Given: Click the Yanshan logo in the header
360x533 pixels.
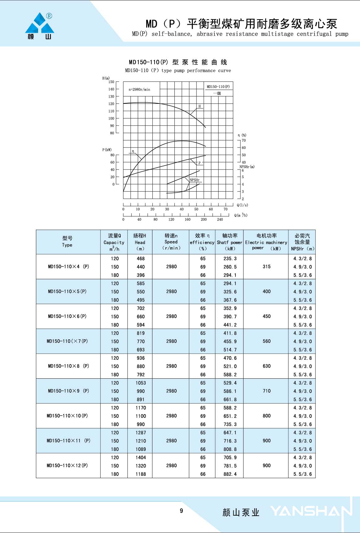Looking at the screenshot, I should click(40, 26).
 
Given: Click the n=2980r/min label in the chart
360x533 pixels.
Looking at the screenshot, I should click(139, 90).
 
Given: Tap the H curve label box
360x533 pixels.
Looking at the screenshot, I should click(200, 106).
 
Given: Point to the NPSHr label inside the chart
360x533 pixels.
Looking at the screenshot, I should click(195, 180).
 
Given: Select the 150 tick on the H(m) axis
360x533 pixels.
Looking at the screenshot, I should click(111, 82).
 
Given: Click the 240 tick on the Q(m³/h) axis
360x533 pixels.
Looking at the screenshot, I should click(220, 219).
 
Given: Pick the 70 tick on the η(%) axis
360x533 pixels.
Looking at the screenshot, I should click(244, 140).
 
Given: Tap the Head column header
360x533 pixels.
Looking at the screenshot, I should click(140, 242).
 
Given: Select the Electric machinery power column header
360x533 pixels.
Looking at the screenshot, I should click(266, 242).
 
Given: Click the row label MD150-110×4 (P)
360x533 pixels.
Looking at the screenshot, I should click(68, 266).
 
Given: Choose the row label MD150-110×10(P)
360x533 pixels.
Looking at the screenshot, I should click(67, 416).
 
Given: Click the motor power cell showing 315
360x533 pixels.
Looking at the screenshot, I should click(266, 266).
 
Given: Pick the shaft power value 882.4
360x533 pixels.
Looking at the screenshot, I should click(230, 474).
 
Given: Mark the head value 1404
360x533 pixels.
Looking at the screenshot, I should click(141, 457).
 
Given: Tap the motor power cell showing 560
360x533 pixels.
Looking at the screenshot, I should click(266, 341).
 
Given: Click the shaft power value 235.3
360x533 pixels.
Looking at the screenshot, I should click(230, 258).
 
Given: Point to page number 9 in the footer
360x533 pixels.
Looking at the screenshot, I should click(182, 511).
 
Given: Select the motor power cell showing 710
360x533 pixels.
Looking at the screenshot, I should click(266, 391).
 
